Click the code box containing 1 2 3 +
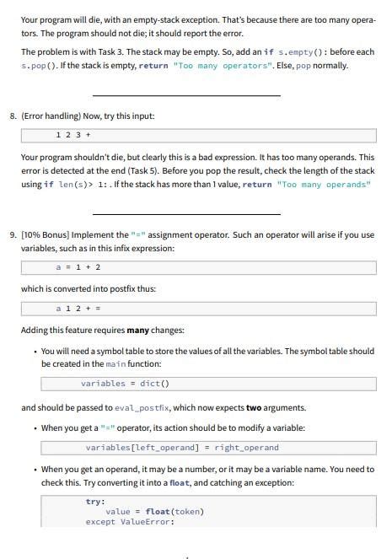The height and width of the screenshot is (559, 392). (x=198, y=136)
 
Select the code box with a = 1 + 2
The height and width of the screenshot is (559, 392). (x=198, y=267)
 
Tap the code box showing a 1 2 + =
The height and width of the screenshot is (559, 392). (x=198, y=309)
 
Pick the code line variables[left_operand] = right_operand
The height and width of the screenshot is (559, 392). (x=181, y=448)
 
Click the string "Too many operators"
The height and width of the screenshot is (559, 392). (x=207, y=66)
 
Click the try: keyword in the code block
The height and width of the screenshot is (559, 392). (x=95, y=501)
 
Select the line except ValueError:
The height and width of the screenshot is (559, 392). (x=129, y=521)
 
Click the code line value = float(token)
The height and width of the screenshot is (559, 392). (x=154, y=511)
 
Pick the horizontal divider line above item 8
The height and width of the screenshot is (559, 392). (x=185, y=95)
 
